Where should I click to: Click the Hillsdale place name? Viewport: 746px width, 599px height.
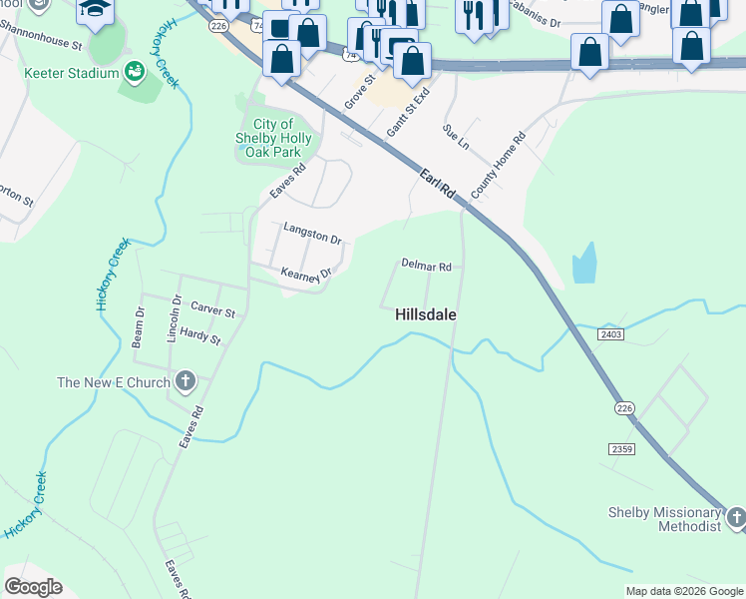point(426,313)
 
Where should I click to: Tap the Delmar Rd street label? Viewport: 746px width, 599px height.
point(426,266)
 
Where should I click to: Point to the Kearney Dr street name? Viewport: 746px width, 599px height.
point(304,274)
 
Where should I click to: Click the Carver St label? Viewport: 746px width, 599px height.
point(212,310)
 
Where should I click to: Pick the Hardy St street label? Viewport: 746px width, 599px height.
point(200,336)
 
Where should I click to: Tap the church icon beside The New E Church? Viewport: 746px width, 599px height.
point(185,381)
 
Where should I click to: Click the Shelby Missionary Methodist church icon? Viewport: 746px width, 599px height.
point(736,516)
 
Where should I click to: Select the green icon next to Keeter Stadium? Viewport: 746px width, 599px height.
point(133,72)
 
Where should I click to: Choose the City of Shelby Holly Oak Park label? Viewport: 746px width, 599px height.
point(273,139)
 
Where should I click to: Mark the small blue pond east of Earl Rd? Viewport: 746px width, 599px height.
point(584,265)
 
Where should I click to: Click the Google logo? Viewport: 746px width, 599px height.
point(33,587)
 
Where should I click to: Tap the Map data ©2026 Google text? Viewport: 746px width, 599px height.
point(684,591)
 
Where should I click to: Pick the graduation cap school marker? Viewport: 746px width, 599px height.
point(96,10)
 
